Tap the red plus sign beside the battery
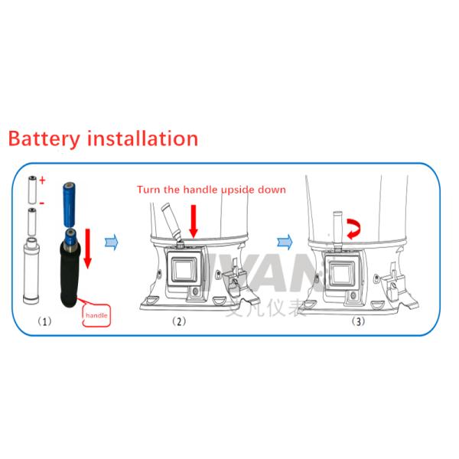point(43,181)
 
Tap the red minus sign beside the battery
point(42,203)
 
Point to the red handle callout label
point(96,314)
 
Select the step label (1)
point(45,322)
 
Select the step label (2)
point(178,321)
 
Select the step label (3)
point(358,321)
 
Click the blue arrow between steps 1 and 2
point(112,242)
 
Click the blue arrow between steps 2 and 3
point(285,242)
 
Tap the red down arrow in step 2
point(194,219)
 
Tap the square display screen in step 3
point(338,269)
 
